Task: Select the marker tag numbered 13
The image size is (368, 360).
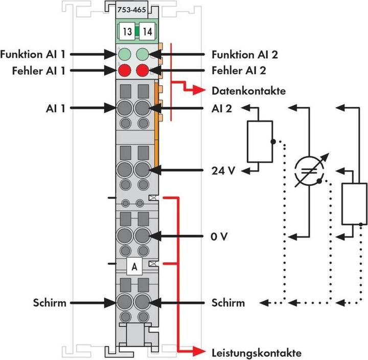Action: click(128, 32)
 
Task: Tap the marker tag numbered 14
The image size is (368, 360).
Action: click(147, 32)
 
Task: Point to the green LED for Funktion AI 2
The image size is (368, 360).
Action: click(143, 54)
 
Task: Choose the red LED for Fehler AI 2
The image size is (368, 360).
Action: click(143, 70)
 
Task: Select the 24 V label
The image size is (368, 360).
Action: click(223, 170)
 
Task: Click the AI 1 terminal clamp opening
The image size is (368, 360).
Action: click(124, 108)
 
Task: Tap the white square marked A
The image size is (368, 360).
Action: click(134, 266)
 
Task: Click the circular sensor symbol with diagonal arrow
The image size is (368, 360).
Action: click(308, 171)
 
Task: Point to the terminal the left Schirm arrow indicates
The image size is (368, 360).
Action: click(124, 302)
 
